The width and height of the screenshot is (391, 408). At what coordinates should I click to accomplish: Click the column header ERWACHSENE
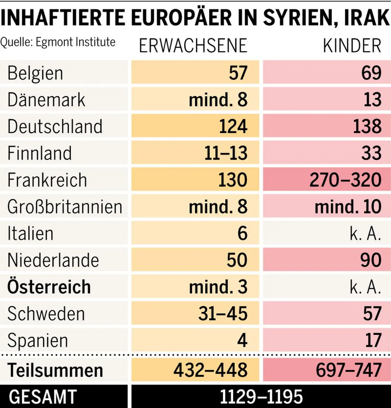pyautogui.click(x=193, y=46)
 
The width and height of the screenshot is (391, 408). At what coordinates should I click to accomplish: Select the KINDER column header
pyautogui.click(x=352, y=46)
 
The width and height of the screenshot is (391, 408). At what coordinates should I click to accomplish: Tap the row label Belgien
pyautogui.click(x=35, y=73)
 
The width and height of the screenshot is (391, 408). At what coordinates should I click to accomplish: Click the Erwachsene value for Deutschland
pyautogui.click(x=233, y=126)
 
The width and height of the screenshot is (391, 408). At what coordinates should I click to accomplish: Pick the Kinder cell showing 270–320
pyautogui.click(x=345, y=180)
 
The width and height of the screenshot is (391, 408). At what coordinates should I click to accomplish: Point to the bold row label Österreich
pyautogui.click(x=49, y=287)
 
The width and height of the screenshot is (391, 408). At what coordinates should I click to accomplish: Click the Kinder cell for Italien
pyautogui.click(x=365, y=233)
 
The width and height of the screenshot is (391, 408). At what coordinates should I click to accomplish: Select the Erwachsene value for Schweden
pyautogui.click(x=223, y=314)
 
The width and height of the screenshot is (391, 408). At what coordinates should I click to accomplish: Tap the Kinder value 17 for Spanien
pyautogui.click(x=373, y=340)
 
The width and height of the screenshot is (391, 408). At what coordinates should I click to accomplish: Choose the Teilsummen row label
pyautogui.click(x=55, y=370)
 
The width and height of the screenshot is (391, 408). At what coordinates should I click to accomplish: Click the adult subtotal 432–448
pyautogui.click(x=210, y=370)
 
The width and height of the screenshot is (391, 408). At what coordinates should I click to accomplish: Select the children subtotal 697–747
pyautogui.click(x=348, y=370)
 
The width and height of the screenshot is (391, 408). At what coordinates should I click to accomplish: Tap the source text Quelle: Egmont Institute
pyautogui.click(x=58, y=42)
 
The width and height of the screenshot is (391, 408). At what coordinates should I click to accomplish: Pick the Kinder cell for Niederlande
pyautogui.click(x=371, y=260)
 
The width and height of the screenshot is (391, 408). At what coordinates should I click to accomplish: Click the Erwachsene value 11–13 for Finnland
pyautogui.click(x=226, y=153)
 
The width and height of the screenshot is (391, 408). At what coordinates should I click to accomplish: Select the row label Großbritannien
pyautogui.click(x=65, y=207)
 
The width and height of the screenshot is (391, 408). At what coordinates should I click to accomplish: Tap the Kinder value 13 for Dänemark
pyautogui.click(x=372, y=99)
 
